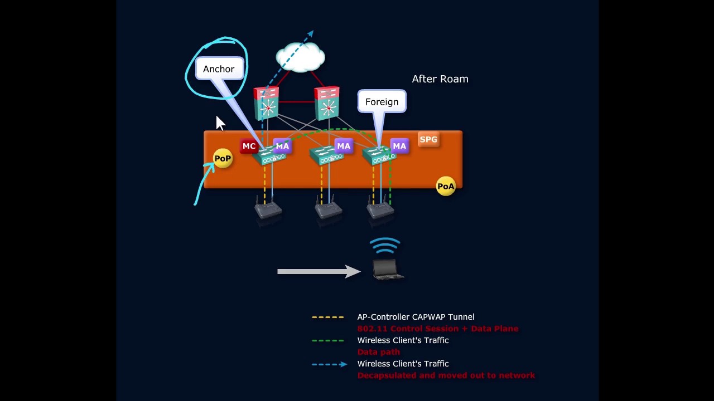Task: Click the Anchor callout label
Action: point(219,69)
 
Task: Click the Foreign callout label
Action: point(382,102)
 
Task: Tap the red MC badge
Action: point(249,146)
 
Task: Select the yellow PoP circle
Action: point(223,159)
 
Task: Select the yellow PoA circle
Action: point(446,187)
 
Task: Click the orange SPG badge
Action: point(428,140)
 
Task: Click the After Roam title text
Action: point(440,79)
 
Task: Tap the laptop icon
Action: point(387,270)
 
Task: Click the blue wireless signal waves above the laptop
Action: point(385,246)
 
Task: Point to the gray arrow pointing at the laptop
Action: point(319,271)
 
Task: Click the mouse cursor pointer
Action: point(220,124)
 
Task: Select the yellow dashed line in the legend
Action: point(327,317)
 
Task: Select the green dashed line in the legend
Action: point(327,341)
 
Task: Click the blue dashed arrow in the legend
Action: point(329,364)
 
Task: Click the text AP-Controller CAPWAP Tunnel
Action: point(416,317)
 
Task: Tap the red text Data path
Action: point(378,352)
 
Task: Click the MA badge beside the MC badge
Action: point(282,146)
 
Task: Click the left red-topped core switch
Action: point(267,104)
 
